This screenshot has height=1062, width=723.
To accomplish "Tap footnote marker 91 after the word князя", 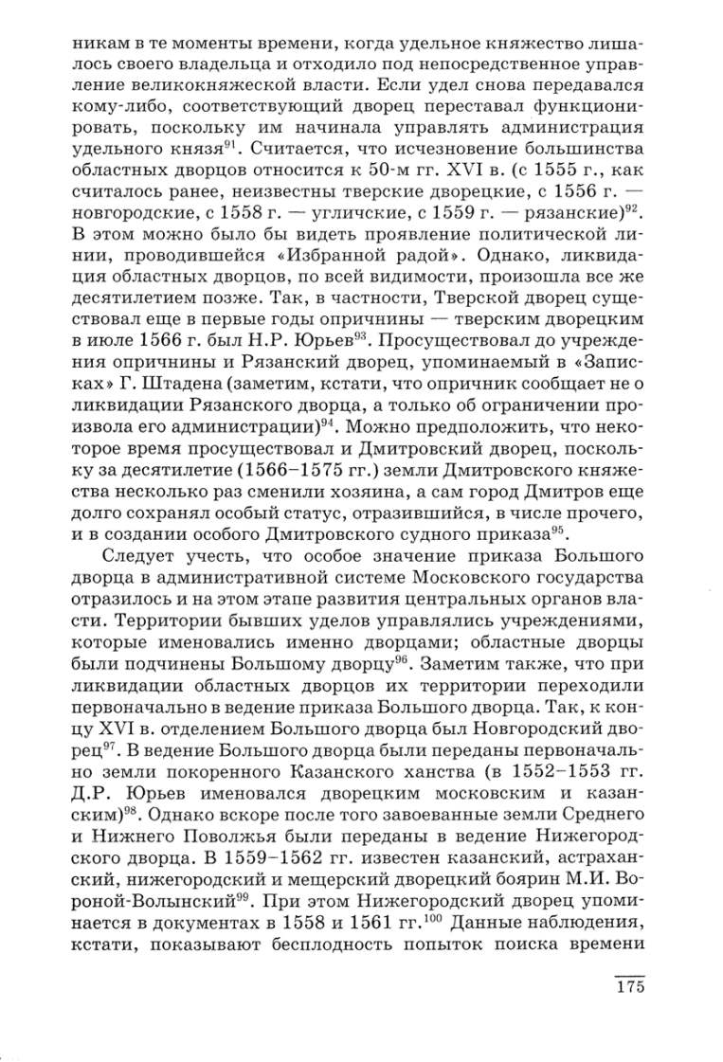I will click(x=229, y=143).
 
